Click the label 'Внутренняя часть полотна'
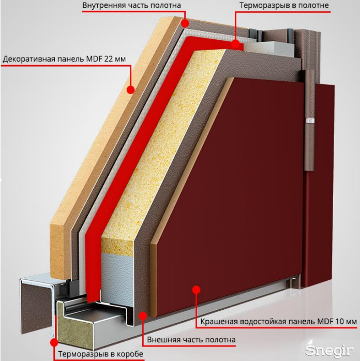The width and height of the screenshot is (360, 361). pos(132,6)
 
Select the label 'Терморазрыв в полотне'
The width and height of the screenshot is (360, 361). pos(284,6)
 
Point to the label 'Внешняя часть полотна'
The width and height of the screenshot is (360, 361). pos(191,340)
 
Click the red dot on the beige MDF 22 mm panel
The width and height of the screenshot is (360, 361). pos(131,89)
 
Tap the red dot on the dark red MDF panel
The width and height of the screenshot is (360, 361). pos(196,290)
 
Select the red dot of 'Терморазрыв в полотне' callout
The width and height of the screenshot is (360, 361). pos(236,44)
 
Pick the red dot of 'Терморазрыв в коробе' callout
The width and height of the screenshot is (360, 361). pos(53,342)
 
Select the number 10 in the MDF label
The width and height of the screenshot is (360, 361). pos(338,322)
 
